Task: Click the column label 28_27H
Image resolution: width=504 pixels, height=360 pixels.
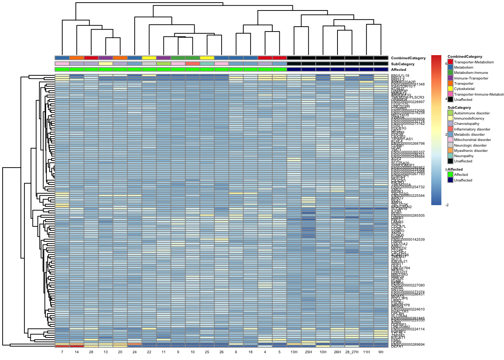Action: click(352, 352)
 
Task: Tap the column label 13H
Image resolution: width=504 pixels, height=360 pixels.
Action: click(294, 352)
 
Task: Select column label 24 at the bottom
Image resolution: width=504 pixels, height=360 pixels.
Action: click(135, 352)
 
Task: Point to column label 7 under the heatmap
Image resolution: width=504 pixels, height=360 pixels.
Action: click(62, 352)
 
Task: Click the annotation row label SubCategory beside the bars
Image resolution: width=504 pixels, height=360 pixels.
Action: click(403, 64)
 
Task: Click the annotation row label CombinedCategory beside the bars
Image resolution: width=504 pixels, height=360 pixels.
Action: click(408, 58)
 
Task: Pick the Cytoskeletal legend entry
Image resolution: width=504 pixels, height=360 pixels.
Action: click(464, 89)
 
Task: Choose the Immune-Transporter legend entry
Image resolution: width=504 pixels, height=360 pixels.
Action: click(471, 78)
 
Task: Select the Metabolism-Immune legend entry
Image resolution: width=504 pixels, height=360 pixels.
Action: click(471, 73)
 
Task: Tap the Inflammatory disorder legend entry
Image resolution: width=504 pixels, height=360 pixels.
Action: click(472, 129)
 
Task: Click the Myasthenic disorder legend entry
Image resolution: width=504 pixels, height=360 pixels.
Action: click(471, 151)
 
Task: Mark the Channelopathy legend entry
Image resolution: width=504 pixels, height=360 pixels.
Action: click(466, 124)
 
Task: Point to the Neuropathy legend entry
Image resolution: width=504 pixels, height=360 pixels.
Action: click(463, 156)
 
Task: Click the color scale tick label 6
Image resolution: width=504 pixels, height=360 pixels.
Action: click(446, 64)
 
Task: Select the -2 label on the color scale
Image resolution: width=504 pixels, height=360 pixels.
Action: click(447, 205)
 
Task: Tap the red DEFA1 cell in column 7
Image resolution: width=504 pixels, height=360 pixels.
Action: click(62, 346)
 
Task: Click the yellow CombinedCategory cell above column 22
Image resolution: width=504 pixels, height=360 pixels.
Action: click(149, 58)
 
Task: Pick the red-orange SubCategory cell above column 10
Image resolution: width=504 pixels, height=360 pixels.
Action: click(192, 64)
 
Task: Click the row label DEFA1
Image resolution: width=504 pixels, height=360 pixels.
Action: click(397, 347)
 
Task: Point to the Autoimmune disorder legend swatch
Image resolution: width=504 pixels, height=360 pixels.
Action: click(450, 113)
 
